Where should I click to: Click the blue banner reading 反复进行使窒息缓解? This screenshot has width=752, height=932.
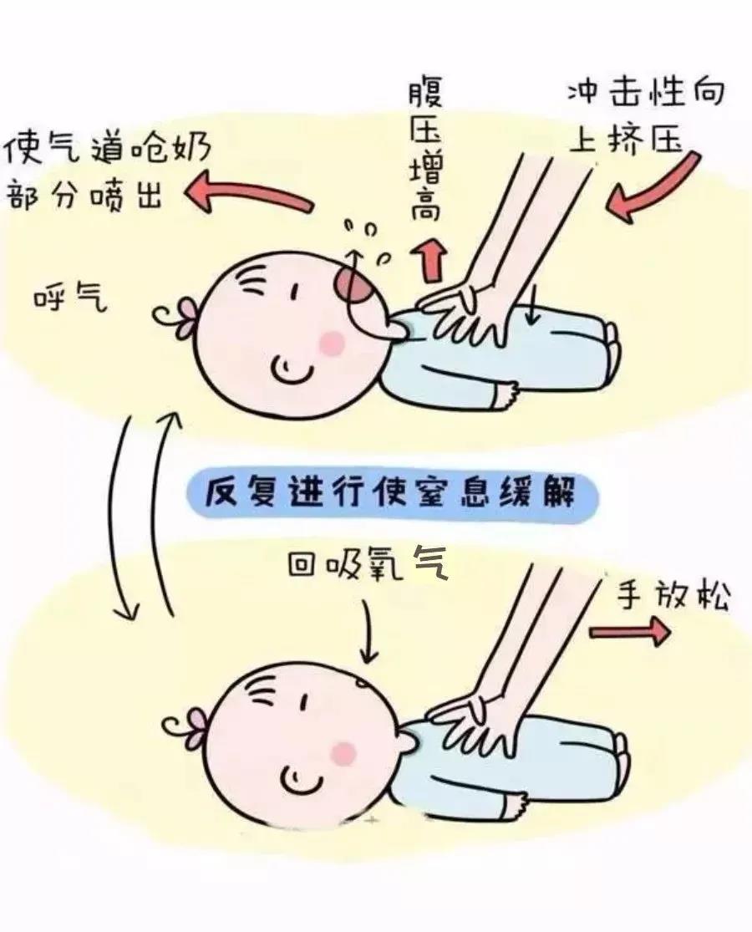point(392,493)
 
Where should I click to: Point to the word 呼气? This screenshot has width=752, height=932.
point(70,300)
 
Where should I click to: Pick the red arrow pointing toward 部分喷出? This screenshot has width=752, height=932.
point(246,194)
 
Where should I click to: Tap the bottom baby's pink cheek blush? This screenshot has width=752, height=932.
point(343,753)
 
